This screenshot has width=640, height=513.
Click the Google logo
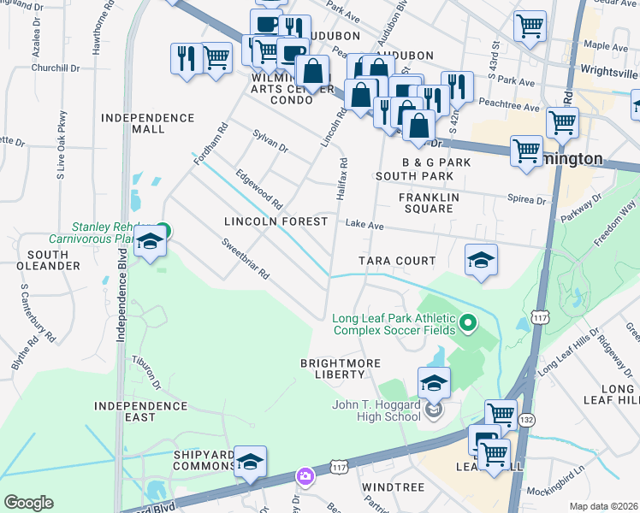(27, 503)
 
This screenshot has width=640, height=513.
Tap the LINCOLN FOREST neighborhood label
(276, 221)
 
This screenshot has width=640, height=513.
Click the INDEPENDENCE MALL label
(148, 123)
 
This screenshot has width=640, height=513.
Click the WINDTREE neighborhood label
(393, 486)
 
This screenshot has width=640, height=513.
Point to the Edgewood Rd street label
(258, 189)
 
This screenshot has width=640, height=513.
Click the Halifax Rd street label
(341, 180)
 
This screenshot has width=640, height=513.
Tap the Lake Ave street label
(364, 226)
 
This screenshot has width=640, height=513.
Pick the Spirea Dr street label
(529, 200)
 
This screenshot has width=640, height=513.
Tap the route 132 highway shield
(526, 420)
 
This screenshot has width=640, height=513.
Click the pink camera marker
(305, 475)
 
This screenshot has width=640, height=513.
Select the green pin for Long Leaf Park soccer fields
(467, 323)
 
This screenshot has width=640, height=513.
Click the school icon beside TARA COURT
(481, 260)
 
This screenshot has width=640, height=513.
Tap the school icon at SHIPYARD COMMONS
(250, 462)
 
